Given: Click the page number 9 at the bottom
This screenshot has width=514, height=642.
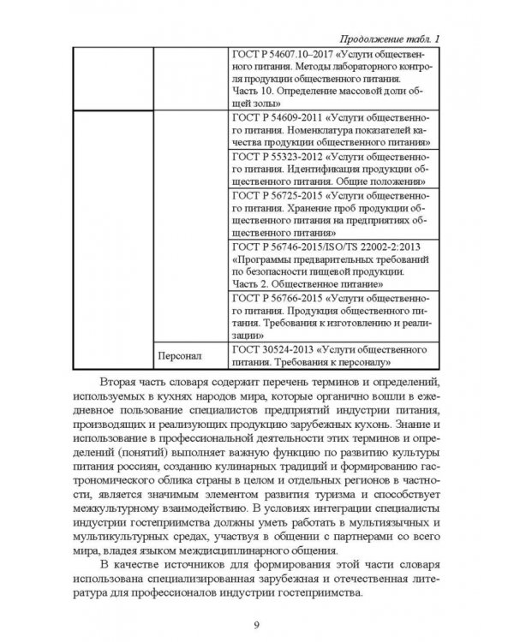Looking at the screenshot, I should [257, 623].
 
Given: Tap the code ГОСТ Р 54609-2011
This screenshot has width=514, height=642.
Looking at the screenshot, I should [274, 116].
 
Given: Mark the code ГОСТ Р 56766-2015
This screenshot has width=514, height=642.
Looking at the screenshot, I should [274, 295].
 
